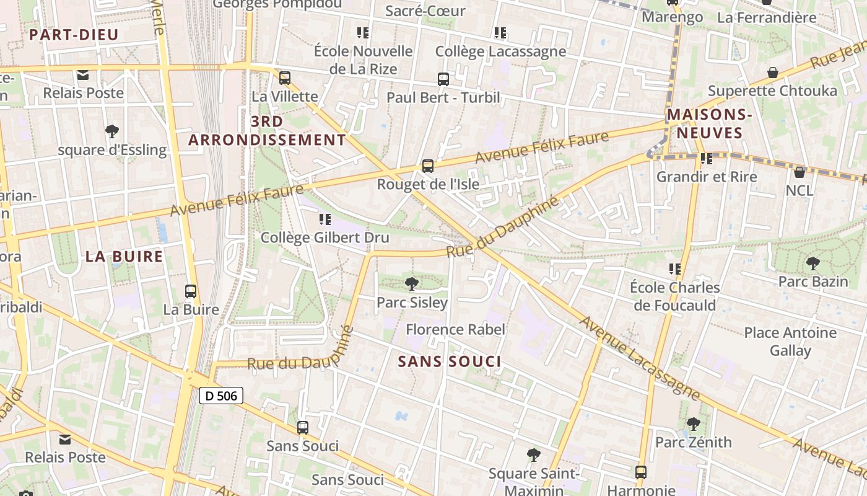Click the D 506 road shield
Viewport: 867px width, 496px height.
(x=221, y=396)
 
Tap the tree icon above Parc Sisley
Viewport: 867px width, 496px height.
(x=411, y=284)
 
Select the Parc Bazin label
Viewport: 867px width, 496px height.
(x=813, y=281)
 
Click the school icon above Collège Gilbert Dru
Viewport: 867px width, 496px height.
(x=325, y=219)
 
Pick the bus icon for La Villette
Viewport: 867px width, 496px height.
(x=285, y=78)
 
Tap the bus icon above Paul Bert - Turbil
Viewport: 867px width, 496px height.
(x=443, y=79)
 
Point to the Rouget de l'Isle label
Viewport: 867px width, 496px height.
(x=427, y=184)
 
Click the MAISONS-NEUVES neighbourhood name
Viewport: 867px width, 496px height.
(x=709, y=123)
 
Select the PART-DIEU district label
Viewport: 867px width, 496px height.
(x=74, y=35)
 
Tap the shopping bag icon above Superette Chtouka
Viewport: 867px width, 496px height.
(x=773, y=73)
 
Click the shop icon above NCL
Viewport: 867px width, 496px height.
(x=799, y=172)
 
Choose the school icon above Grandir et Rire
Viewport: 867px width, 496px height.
(x=707, y=159)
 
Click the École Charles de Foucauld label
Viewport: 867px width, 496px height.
(x=674, y=296)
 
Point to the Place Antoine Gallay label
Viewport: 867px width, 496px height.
(x=790, y=342)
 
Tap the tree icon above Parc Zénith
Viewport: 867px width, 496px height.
(x=694, y=424)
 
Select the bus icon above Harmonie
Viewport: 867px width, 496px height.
(x=641, y=472)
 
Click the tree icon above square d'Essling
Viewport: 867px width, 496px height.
(x=112, y=131)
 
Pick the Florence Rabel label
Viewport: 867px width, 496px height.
(x=455, y=329)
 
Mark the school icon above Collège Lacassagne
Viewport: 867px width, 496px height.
(x=500, y=33)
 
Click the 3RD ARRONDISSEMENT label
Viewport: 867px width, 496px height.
(x=267, y=130)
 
